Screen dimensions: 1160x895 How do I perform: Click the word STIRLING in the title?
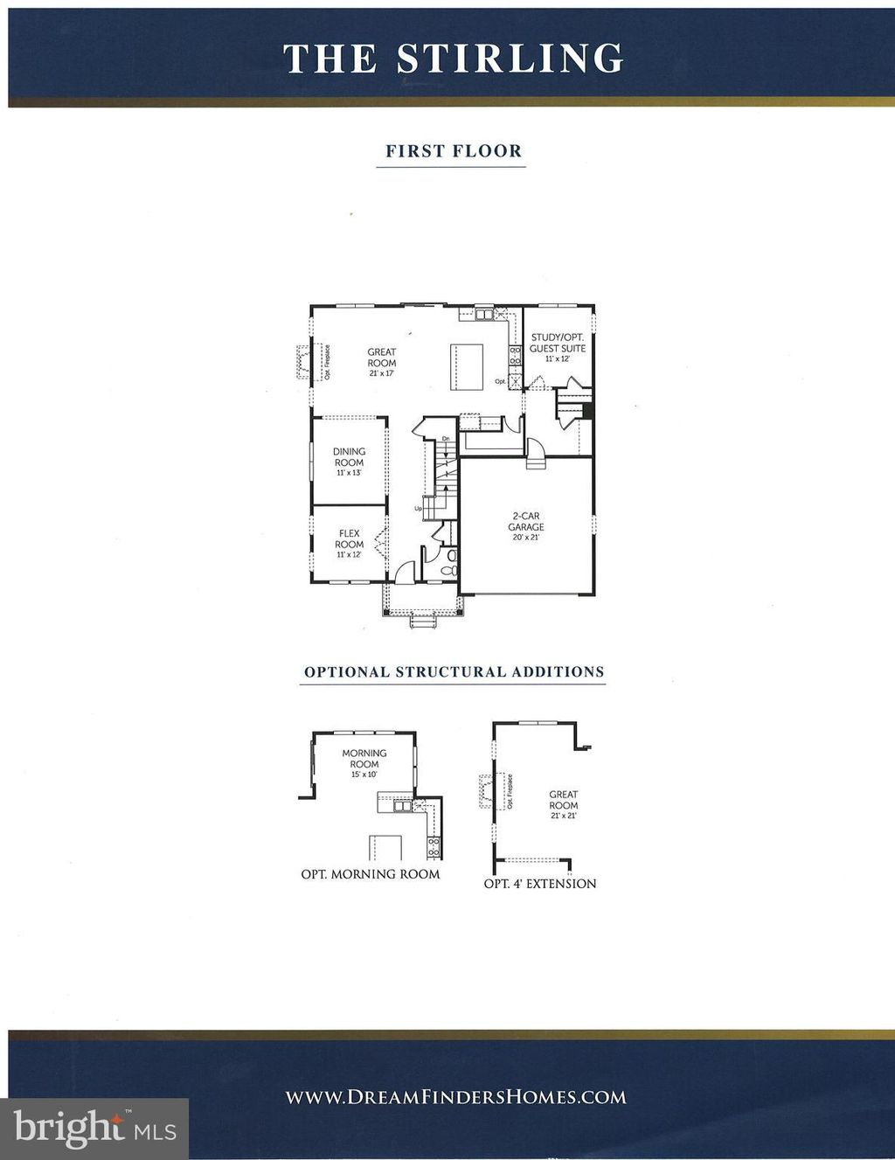click(510, 59)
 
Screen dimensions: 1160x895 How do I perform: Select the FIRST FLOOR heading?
click(454, 150)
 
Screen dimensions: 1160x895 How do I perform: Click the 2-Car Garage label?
click(526, 522)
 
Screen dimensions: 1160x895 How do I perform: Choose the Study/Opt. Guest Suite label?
click(558, 343)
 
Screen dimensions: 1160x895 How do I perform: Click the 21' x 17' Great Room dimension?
click(381, 373)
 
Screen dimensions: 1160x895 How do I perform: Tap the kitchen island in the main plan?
click(467, 365)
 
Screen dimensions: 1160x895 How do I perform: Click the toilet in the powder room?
click(449, 569)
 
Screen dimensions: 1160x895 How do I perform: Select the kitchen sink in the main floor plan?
click(483, 314)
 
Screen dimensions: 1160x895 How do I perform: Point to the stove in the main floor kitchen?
click(516, 354)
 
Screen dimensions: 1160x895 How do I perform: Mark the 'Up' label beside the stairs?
click(419, 508)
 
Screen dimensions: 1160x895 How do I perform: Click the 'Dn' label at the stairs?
click(446, 438)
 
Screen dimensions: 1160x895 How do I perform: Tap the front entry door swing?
click(405, 573)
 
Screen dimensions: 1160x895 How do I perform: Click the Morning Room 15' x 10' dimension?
click(364, 774)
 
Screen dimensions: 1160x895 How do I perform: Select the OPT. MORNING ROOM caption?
click(371, 873)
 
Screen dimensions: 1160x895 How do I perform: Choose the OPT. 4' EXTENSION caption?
click(540, 884)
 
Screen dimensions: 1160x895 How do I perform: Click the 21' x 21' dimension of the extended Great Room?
click(564, 816)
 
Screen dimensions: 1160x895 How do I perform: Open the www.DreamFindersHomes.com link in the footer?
click(456, 1097)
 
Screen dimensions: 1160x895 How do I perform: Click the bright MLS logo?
click(94, 1129)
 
